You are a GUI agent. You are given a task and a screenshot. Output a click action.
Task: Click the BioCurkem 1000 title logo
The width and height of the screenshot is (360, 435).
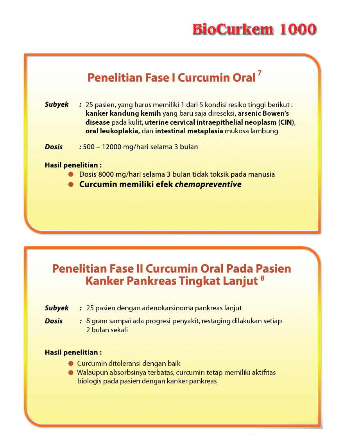(x=254, y=29)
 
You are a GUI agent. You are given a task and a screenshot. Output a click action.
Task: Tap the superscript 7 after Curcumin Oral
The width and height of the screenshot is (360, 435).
(x=259, y=74)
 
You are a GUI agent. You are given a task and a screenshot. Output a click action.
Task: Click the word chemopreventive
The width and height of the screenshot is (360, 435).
(x=208, y=184)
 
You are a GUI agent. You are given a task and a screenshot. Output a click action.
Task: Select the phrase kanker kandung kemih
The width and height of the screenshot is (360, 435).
(x=117, y=114)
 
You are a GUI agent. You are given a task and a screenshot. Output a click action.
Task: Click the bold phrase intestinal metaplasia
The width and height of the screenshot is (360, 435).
(x=189, y=131)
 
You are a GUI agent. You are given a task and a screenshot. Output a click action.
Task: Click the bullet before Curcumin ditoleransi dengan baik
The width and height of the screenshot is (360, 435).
(x=71, y=363)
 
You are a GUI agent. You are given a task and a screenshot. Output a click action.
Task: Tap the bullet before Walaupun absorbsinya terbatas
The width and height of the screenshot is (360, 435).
(x=71, y=372)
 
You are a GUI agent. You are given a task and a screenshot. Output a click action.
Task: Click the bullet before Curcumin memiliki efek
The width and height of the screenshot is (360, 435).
(x=71, y=184)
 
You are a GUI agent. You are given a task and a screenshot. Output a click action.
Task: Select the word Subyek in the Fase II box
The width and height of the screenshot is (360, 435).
(x=57, y=308)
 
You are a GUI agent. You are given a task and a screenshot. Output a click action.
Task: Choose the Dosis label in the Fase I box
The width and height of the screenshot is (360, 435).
(x=54, y=147)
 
